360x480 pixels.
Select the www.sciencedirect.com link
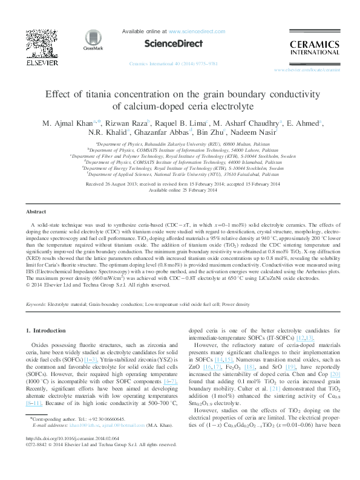coord(191,30)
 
